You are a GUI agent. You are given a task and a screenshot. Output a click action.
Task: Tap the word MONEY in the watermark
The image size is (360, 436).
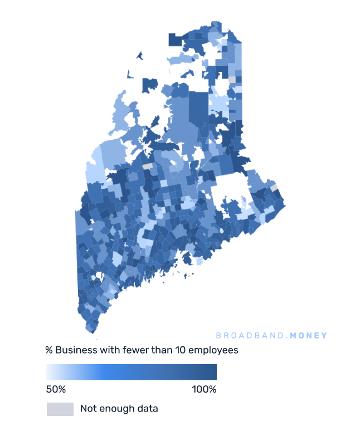click(x=309, y=336)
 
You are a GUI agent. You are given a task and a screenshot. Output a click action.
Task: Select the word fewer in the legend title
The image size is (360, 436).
click(x=129, y=351)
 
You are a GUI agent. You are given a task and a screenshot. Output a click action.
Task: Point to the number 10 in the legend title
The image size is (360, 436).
click(x=173, y=351)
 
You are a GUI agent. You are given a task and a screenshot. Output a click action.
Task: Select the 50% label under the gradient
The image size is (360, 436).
click(x=56, y=389)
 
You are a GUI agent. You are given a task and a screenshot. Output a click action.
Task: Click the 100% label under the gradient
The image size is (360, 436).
click(x=204, y=389)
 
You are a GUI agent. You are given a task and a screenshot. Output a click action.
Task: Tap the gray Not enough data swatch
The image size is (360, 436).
click(x=60, y=409)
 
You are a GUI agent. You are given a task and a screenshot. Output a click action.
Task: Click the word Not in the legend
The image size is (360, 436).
click(x=88, y=409)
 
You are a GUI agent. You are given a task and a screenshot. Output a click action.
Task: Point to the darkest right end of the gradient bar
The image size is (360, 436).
click(x=213, y=372)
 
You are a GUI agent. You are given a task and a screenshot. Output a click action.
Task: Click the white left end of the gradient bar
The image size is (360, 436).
click(x=50, y=372)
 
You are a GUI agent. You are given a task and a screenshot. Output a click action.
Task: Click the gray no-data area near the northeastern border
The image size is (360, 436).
click(x=232, y=80)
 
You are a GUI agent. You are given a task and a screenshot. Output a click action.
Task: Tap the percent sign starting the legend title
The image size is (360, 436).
click(x=49, y=351)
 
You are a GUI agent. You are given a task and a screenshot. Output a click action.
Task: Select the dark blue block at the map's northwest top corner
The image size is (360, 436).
click(x=176, y=40)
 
